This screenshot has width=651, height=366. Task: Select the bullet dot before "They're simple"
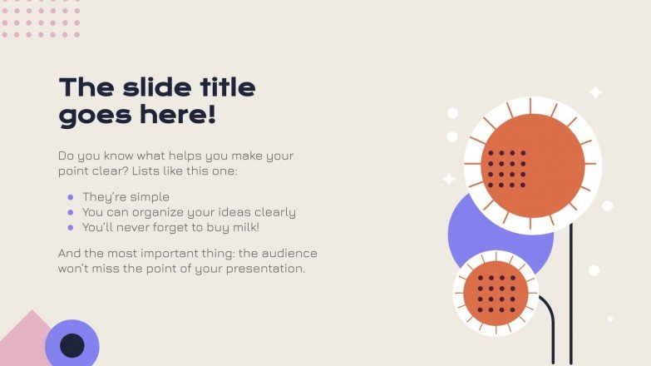coord(71,197)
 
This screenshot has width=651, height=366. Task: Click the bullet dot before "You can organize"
coord(71,212)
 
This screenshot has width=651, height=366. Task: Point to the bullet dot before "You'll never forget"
coord(71,227)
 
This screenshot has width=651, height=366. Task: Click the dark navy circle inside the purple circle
coord(72,345)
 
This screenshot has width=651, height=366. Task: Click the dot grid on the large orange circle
coord(506,168)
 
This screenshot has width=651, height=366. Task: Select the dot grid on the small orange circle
coord(497,293)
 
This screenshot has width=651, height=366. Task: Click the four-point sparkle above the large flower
coord(595,92)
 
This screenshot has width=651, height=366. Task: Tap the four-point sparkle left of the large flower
coord(449,178)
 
